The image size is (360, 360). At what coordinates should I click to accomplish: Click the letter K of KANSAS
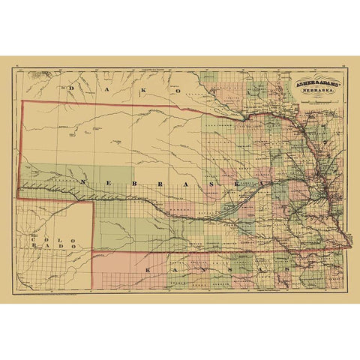point(148,267)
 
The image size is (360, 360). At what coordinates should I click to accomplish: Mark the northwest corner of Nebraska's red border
point(22,101)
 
